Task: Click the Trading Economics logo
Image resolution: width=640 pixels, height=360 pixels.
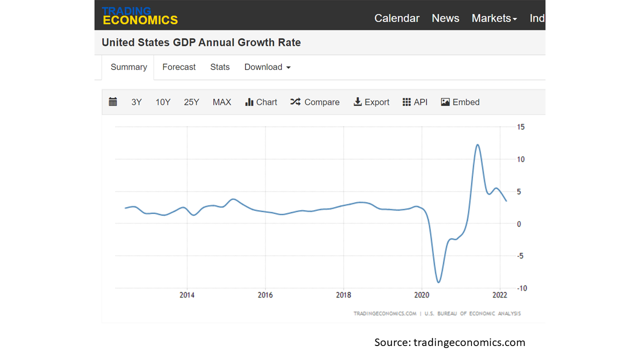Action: [x=140, y=16]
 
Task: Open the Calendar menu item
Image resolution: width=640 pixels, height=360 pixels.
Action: [x=396, y=18]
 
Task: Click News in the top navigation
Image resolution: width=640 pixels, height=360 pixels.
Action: [x=445, y=18]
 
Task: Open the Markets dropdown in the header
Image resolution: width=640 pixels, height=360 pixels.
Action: [x=494, y=18]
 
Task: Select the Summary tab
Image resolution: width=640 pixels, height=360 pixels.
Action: [x=128, y=67]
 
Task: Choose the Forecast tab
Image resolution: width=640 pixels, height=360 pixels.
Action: [x=179, y=67]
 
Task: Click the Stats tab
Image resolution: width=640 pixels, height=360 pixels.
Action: [x=219, y=67]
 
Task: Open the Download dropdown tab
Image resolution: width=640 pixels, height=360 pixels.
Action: [x=267, y=67]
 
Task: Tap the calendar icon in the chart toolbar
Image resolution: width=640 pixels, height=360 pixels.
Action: [x=113, y=102]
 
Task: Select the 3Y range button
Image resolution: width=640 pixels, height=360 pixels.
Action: [x=136, y=102]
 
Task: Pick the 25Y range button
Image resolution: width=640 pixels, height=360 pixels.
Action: [x=191, y=102]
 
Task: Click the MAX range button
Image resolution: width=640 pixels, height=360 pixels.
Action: [x=221, y=102]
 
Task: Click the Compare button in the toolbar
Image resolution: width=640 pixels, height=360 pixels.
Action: [x=315, y=102]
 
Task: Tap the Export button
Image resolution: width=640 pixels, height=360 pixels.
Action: [x=371, y=102]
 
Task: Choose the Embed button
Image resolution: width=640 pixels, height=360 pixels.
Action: [x=460, y=102]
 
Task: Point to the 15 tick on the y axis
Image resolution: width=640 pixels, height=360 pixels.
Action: [x=520, y=127]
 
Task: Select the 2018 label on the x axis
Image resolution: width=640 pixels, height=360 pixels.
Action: [x=343, y=295]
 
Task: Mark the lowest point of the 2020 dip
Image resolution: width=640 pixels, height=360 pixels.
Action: [x=438, y=282]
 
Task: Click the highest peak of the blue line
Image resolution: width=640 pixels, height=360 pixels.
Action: [x=477, y=144]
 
